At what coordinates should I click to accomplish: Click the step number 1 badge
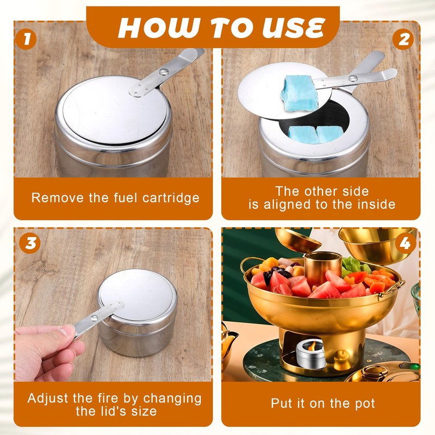[26, 39]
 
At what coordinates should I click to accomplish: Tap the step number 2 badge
[403, 39]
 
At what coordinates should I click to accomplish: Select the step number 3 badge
[30, 243]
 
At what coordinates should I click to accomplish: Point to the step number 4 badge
[405, 243]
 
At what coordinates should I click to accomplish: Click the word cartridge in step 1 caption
[171, 198]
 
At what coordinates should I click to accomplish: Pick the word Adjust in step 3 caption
[48, 399]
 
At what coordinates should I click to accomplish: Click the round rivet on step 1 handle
[164, 72]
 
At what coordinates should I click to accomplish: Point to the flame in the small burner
[312, 346]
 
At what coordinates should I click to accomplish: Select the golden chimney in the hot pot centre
[322, 268]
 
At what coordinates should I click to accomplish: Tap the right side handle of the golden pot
[393, 289]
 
